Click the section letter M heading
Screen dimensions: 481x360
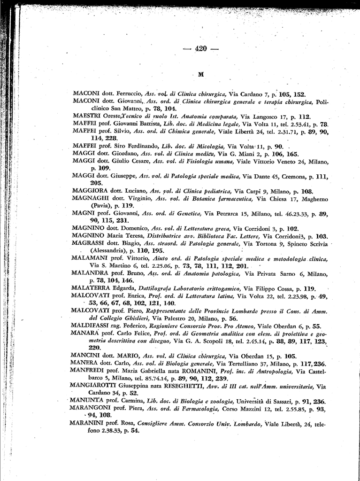tap(201, 74)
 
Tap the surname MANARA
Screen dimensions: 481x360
tap(84, 333)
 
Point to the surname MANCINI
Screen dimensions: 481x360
tap(84, 356)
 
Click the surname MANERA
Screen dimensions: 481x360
tap(84, 363)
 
